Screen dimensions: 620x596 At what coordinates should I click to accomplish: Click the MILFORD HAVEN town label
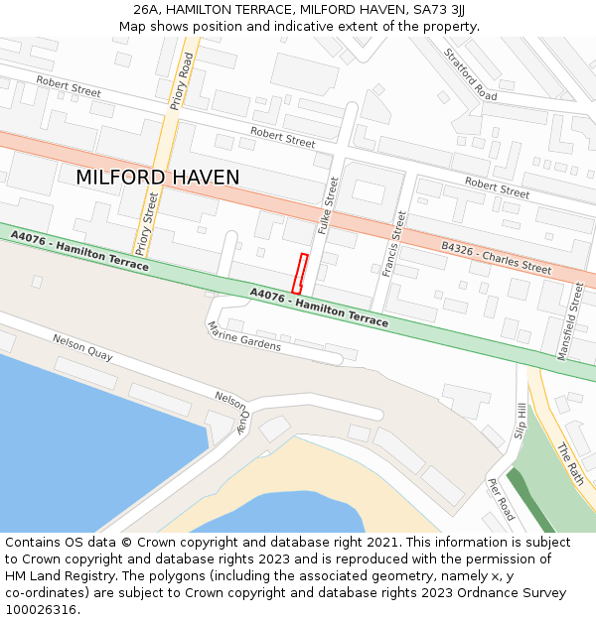point(157,178)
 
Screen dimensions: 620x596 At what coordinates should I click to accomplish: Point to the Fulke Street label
point(327,205)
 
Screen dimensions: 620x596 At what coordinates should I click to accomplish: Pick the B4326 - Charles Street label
point(496,255)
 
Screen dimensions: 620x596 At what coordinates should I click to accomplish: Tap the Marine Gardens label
point(244,337)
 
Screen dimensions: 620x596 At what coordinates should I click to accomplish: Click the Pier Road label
point(501,499)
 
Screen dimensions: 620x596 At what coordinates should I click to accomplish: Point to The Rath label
point(570,462)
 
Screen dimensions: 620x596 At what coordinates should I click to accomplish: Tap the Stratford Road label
point(471,74)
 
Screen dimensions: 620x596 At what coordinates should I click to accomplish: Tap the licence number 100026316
point(42,609)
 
